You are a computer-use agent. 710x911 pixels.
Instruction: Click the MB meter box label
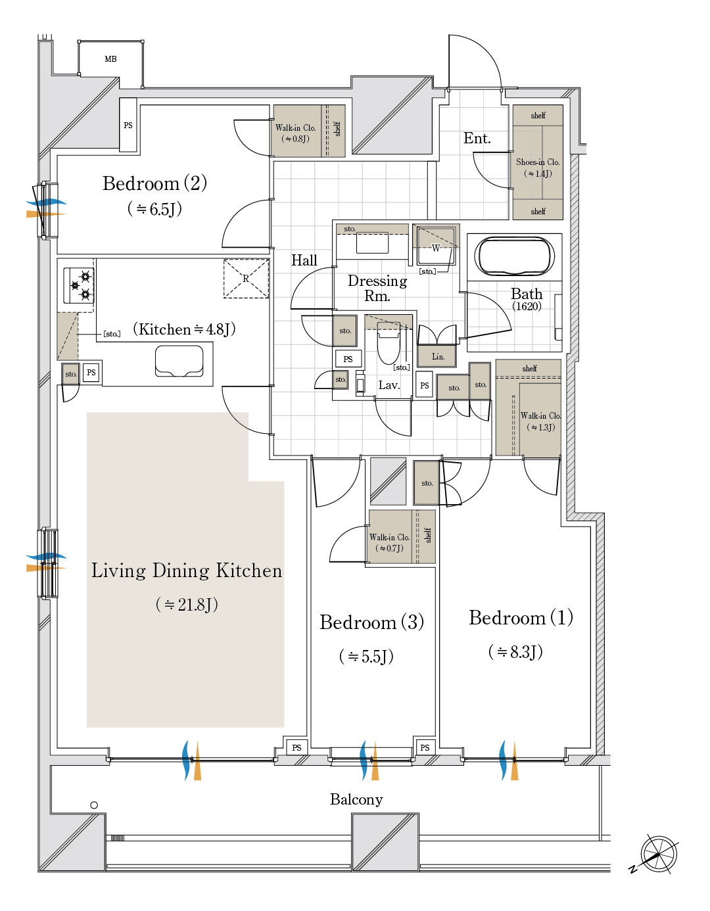110,59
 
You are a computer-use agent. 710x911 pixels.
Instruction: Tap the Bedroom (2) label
154,183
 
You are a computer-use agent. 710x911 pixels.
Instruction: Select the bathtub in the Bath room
514,256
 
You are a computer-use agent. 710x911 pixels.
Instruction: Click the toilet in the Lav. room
389,343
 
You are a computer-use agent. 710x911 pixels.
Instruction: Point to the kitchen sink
179,361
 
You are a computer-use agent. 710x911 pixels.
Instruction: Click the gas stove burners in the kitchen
79,285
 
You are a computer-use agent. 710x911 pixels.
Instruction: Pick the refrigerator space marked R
246,279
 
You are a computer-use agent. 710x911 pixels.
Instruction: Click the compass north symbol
659,854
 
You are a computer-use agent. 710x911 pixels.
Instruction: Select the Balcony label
356,799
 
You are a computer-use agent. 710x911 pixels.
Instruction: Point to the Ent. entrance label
477,138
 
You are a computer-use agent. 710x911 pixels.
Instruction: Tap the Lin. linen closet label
438,356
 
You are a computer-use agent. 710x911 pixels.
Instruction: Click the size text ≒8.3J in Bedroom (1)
515,651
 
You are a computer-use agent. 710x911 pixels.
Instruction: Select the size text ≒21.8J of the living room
187,604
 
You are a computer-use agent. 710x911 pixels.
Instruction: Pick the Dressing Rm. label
377,288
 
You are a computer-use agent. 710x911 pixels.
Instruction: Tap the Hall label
304,260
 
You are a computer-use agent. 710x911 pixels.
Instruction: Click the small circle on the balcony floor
94,805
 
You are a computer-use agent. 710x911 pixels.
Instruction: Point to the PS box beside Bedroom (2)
128,125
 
